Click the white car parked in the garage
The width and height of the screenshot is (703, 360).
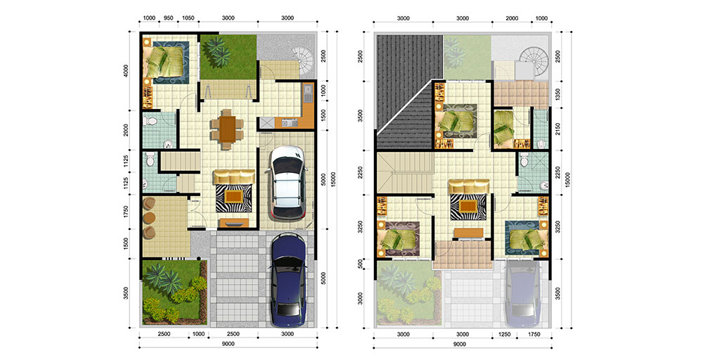tap(287, 183)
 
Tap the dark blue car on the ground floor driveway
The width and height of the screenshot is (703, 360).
tap(288, 280)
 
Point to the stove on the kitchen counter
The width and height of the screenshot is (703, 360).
tap(289, 122)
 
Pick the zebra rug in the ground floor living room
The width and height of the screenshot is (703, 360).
tap(233, 198)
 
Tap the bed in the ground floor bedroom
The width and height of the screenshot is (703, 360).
tap(165, 62)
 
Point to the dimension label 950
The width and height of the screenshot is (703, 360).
tap(168, 18)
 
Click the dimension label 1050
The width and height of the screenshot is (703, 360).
tap(188, 18)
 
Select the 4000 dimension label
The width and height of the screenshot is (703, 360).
tap(127, 71)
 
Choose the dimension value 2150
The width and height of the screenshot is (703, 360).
tap(557, 129)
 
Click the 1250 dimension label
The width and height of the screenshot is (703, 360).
tap(504, 334)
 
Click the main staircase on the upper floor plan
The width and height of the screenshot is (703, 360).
tap(405, 172)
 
